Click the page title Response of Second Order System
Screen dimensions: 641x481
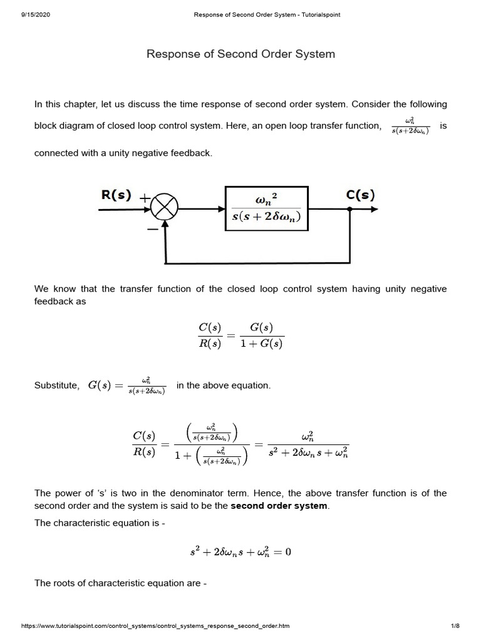pos(240,54)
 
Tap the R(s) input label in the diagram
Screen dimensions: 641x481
pos(116,195)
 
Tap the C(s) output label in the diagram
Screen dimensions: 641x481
pos(360,195)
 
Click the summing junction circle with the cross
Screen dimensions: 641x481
pos(165,208)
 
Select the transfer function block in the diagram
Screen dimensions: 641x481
pos(266,208)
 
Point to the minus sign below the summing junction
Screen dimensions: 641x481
pos(152,230)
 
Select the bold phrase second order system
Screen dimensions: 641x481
pos(279,506)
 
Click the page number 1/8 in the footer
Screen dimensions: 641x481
pos(455,626)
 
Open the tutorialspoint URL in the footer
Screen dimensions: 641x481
pos(155,626)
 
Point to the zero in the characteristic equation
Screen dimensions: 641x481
pos(288,552)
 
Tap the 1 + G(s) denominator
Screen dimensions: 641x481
pos(262,344)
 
